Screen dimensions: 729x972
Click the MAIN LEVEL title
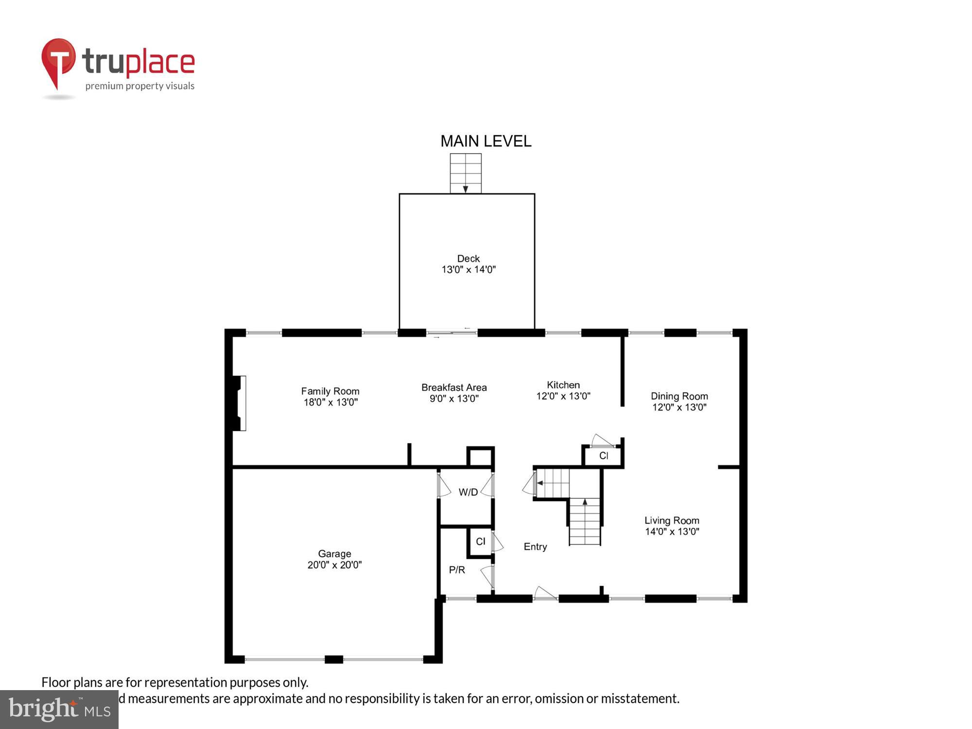tap(486, 141)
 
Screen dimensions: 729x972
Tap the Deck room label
tap(468, 259)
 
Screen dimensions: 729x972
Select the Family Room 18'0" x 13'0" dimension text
tap(330, 402)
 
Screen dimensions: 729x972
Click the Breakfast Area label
tap(454, 387)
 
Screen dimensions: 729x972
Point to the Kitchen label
tap(563, 385)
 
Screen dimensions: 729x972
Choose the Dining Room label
tap(679, 396)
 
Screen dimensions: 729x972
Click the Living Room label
tap(672, 521)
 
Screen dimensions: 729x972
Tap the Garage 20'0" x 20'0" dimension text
tap(334, 565)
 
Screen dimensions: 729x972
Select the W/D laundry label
tap(468, 492)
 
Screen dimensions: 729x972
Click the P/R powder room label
tap(457, 570)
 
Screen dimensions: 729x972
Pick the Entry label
tap(535, 547)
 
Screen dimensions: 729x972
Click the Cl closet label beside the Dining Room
tap(604, 456)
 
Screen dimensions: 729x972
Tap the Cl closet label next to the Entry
tap(480, 541)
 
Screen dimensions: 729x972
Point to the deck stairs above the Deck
tap(466, 174)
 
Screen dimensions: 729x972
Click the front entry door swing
tap(545, 593)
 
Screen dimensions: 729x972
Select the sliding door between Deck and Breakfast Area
tap(452, 333)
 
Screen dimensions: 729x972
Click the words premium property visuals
tap(140, 86)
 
